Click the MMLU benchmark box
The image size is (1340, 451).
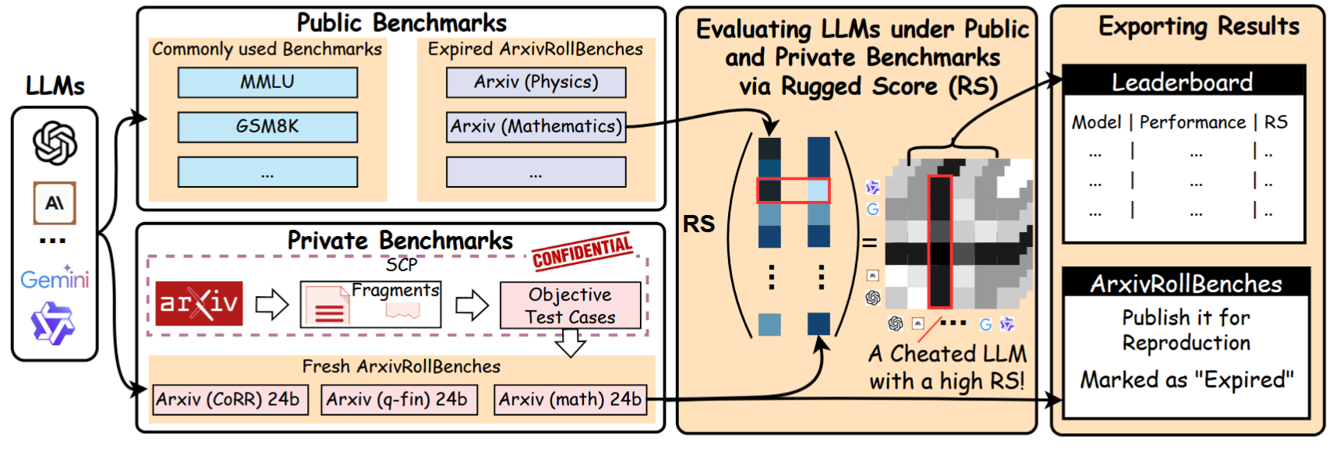[x=267, y=83]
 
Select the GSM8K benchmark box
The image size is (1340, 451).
[x=267, y=127]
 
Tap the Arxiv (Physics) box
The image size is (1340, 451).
[x=536, y=83]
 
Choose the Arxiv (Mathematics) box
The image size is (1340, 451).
[x=536, y=127]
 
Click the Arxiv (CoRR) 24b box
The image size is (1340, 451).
[x=230, y=400]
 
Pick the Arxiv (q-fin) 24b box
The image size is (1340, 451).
[x=398, y=400]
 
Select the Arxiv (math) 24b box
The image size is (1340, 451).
[x=571, y=400]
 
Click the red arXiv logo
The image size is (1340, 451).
[x=199, y=303]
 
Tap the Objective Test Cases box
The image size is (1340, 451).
[x=570, y=305]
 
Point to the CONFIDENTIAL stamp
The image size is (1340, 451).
[x=582, y=251]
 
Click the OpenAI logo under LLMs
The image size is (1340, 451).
[x=55, y=143]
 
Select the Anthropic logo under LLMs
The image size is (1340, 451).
[x=55, y=203]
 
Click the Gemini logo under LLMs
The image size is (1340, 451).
[x=55, y=279]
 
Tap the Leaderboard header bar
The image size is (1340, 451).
[x=1183, y=82]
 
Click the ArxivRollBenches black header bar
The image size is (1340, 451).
[x=1186, y=284]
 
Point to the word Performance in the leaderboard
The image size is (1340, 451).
[x=1193, y=122]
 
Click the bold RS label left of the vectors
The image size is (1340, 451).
[x=698, y=224]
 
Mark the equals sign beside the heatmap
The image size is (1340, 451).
[x=869, y=243]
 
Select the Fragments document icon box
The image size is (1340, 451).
[x=370, y=305]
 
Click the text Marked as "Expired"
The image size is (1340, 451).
[x=1186, y=380]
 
